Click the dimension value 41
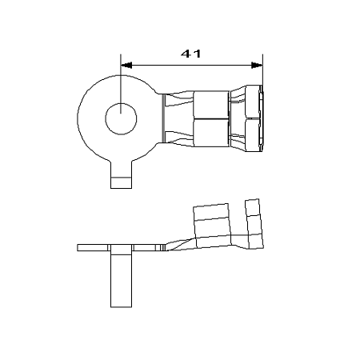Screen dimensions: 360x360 coord(190,54)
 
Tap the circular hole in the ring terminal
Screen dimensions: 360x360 coord(120,119)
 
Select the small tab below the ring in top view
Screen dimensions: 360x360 coord(120,177)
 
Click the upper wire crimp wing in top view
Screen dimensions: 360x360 coord(210,106)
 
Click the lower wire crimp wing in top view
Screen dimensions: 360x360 coord(210,133)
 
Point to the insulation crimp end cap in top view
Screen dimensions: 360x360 coord(257,119)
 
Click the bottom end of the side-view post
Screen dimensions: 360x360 coord(120,305)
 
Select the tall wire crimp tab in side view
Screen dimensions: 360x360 coord(211,220)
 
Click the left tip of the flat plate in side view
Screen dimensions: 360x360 coord(78,246)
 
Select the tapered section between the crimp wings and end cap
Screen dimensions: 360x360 coord(239,119)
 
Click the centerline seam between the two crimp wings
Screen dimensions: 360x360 coord(210,119)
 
